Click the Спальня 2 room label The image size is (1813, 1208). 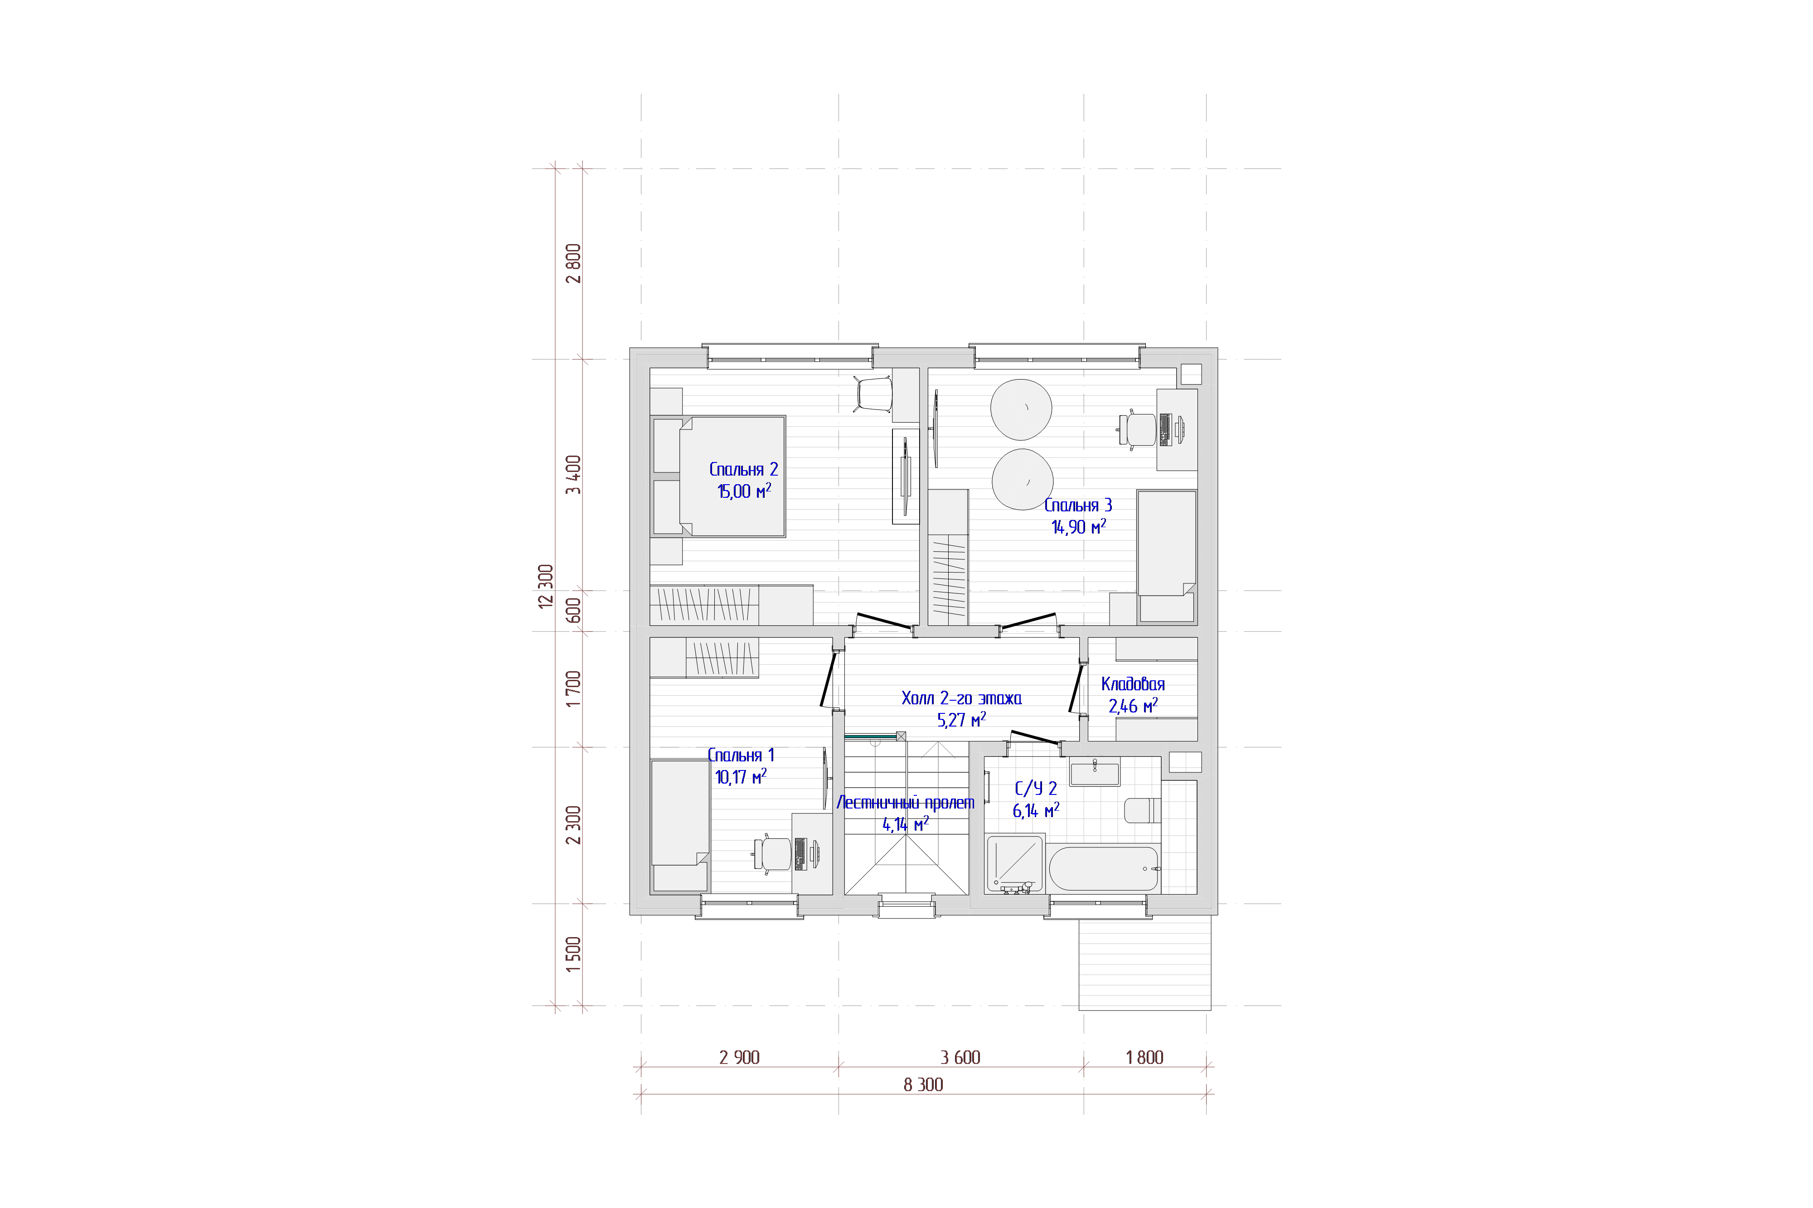pos(743,469)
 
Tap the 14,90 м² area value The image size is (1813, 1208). pos(1078,527)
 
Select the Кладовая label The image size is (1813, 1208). pos(1132,684)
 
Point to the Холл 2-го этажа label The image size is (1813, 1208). pos(961,698)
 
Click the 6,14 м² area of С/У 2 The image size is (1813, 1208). pos(1035,810)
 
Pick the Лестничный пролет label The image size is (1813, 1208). pos(905,803)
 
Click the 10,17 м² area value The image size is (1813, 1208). pos(740,776)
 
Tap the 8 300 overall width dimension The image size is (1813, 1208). pos(923,1085)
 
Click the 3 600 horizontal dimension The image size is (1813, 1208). pos(960,1058)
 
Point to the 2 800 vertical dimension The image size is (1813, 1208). pos(573,264)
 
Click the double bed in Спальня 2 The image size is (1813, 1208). pos(718,476)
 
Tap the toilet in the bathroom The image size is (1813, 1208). pos(1142,810)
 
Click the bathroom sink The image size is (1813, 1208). pos(1095,772)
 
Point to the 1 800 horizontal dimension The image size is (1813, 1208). pos(1145,1058)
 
